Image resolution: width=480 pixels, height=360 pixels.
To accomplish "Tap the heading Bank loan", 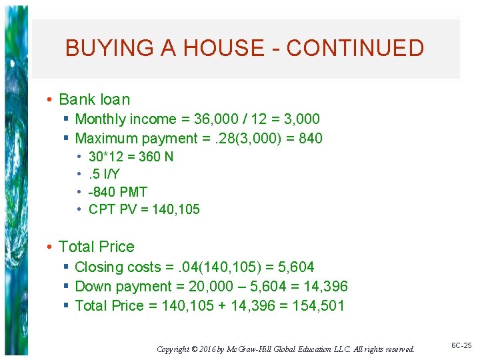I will point(94,99).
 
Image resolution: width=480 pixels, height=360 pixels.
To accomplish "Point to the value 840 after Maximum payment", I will point(310,139).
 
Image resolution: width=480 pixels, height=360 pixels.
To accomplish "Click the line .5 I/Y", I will point(105,175).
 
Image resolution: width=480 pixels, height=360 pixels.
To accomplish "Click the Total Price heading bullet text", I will point(96,247).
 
